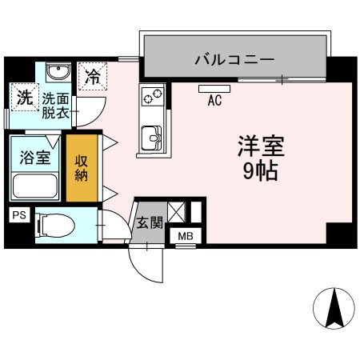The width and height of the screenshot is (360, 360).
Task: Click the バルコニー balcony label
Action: [234, 59]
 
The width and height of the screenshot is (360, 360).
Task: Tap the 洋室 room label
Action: [262, 146]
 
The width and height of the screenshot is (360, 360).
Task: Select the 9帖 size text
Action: [261, 171]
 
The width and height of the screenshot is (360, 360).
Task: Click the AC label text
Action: [214, 100]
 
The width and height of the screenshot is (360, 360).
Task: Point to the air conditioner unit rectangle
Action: [214, 89]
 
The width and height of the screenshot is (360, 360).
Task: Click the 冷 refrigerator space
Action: [93, 76]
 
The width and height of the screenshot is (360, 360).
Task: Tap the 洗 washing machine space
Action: [25, 97]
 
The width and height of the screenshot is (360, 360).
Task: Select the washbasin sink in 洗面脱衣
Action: [58, 72]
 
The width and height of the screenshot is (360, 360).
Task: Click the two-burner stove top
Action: [153, 96]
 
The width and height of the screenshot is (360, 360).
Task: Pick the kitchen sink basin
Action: [152, 138]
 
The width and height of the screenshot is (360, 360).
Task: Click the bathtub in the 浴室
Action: [35, 186]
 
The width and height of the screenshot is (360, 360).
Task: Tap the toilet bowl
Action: [56, 226]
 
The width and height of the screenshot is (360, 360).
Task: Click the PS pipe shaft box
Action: [19, 215]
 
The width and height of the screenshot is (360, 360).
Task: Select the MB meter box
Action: [186, 236]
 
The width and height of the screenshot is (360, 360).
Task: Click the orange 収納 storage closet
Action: [82, 168]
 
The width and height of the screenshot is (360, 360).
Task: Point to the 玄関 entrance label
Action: [150, 222]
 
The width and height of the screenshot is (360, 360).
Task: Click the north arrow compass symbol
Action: [334, 309]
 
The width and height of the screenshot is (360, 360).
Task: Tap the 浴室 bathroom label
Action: [35, 158]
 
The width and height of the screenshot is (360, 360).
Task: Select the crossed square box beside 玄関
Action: [177, 212]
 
